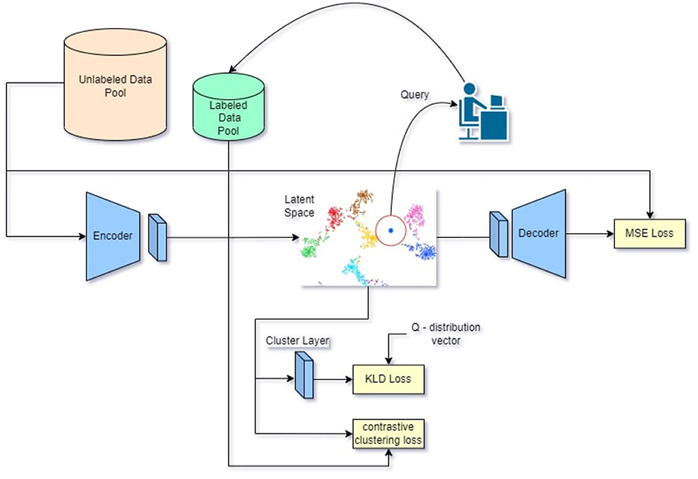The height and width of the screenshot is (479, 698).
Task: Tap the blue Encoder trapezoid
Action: coord(113,236)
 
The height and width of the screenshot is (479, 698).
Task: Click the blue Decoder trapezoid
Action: coord(539,233)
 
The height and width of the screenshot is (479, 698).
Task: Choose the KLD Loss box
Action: coord(388,378)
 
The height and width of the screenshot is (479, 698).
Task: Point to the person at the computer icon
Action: coord(484,112)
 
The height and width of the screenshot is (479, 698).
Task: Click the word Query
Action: coord(415,94)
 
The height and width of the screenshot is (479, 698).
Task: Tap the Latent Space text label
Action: coord(299,205)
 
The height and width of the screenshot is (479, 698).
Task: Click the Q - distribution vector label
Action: coord(446,334)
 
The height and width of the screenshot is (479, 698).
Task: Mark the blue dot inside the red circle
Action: coord(390,230)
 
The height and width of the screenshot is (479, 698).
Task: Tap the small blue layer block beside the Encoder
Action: coord(158,237)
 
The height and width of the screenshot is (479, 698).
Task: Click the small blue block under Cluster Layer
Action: coord(303,374)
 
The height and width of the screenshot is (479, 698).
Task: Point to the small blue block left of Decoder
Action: coord(498,234)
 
